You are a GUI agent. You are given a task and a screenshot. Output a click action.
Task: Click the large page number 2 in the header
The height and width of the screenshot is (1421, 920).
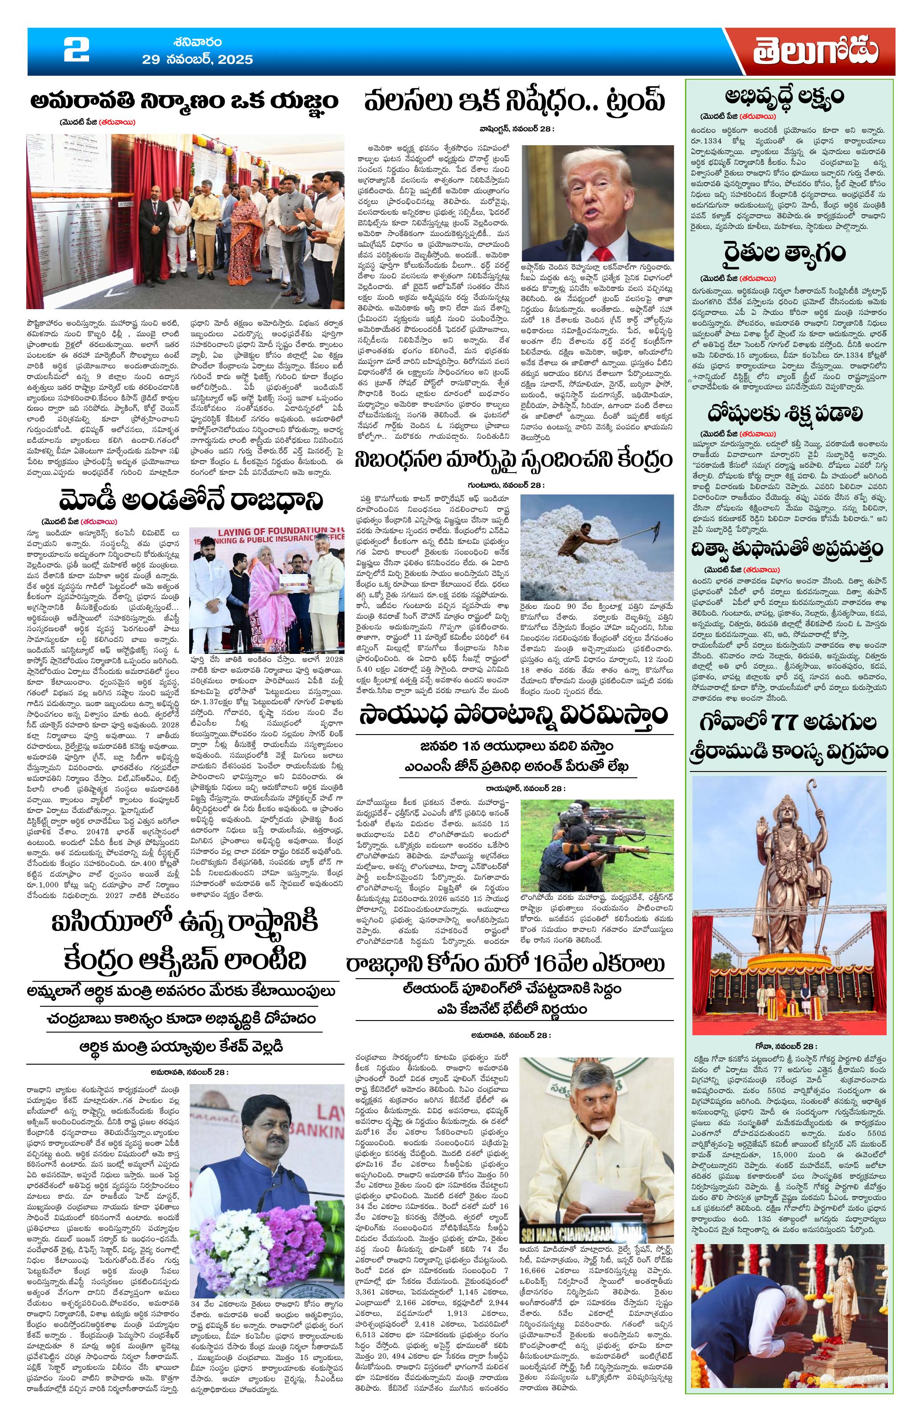click(x=77, y=51)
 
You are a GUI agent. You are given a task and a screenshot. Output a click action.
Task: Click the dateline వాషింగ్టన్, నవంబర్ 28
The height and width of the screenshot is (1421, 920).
click(x=516, y=128)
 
